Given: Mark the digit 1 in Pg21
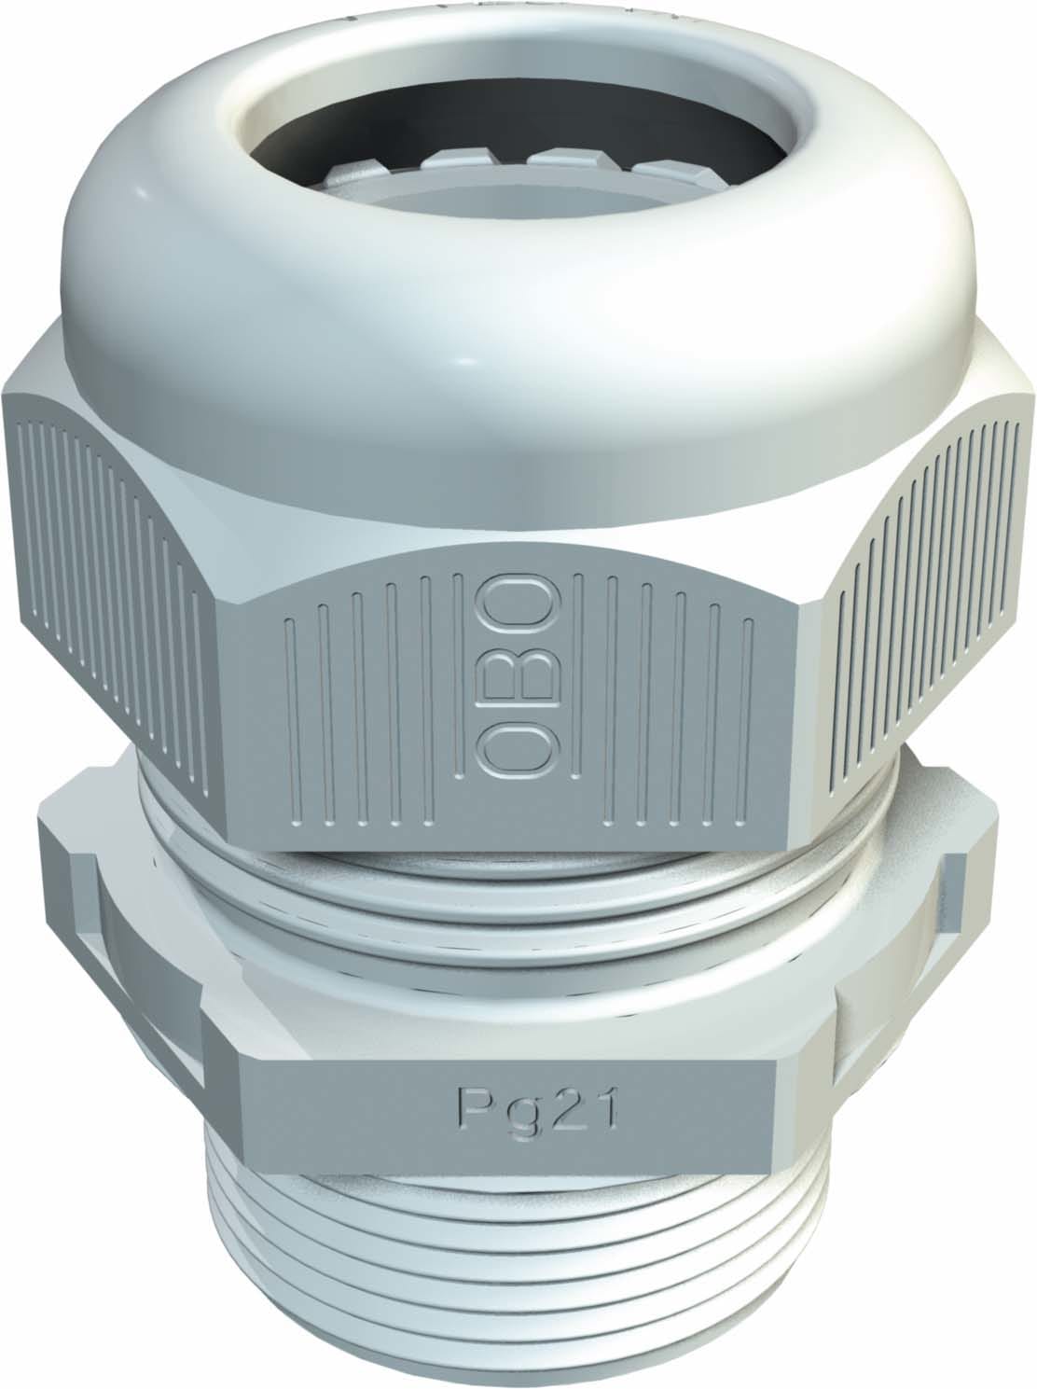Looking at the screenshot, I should (x=603, y=1107).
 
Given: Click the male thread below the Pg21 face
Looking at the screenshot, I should (x=522, y=1259).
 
